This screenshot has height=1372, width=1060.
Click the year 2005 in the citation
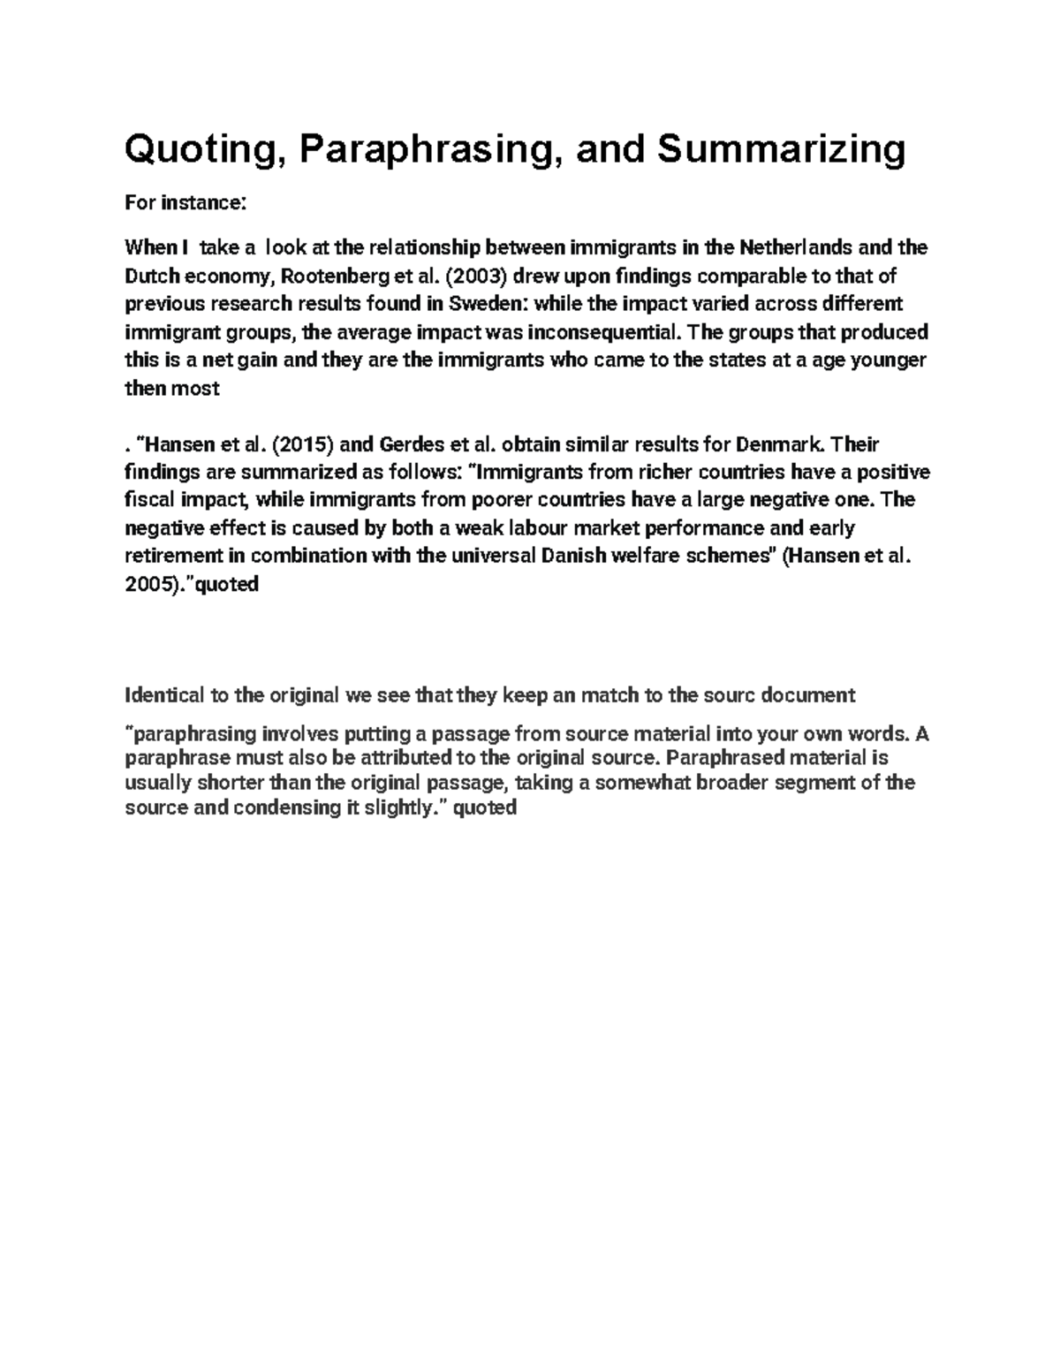tap(148, 585)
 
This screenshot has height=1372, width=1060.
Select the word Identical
tap(164, 695)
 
